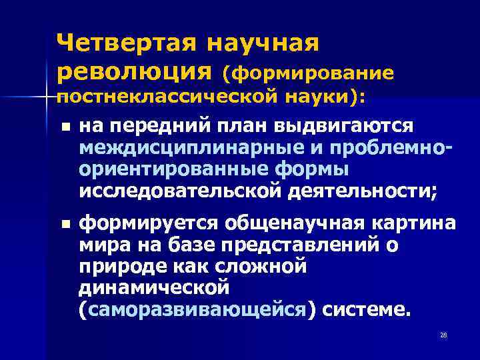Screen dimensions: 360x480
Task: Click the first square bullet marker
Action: coord(63,127)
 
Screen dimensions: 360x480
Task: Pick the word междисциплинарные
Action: coord(177,148)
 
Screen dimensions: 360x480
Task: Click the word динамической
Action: coord(153,289)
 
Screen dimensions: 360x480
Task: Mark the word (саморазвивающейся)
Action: coord(197,310)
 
